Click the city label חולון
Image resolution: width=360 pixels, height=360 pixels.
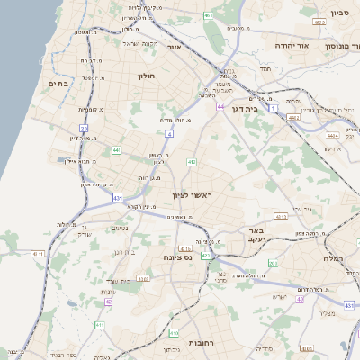(147, 76)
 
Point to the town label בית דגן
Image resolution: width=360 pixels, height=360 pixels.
(264, 107)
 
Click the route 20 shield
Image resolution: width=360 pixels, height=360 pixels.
(83, 129)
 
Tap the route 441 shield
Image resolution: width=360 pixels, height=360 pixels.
(117, 149)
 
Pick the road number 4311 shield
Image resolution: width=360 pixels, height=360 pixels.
(37, 255)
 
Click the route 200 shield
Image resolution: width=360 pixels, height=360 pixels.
(273, 263)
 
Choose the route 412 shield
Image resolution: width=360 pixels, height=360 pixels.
(192, 162)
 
